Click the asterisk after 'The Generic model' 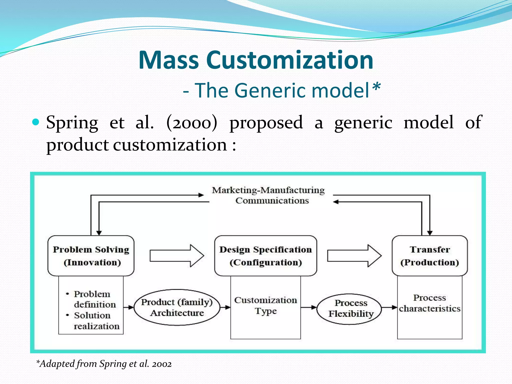376,88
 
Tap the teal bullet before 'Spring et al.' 36,122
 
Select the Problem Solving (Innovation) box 91,256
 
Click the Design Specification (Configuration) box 265,256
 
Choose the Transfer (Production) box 429,256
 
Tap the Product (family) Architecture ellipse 177,307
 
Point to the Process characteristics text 429,303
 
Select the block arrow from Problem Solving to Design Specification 177,256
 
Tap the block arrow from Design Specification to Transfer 354,256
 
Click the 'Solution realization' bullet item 96,321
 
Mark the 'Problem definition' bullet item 94,299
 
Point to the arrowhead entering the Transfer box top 430,233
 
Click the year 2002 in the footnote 162,364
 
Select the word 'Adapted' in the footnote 57,364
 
